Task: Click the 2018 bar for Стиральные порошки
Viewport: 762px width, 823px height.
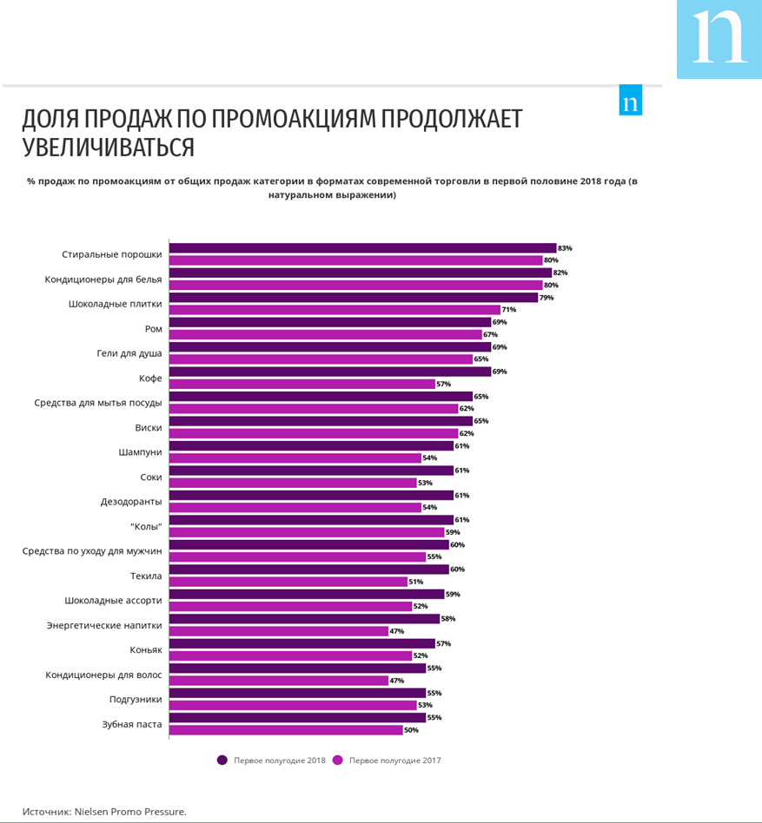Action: (362, 248)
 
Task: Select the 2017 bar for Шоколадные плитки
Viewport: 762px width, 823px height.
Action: (335, 310)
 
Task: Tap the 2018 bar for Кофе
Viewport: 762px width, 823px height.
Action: (330, 372)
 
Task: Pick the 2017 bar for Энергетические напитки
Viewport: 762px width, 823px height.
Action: (278, 631)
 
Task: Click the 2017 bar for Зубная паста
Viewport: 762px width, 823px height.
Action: (286, 730)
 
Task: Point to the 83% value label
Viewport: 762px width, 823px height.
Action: (566, 248)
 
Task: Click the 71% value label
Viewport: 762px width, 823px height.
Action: (509, 310)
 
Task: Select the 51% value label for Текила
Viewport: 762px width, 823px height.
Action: (416, 582)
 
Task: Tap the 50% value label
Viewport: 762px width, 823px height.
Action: (411, 730)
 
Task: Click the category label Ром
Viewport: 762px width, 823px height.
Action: (153, 329)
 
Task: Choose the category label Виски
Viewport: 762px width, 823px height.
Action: (148, 428)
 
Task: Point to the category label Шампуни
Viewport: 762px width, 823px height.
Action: (140, 452)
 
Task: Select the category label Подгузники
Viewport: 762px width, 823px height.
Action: (136, 700)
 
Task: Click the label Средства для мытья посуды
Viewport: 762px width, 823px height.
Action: (98, 403)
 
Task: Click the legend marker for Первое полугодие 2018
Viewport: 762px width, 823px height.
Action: (222, 760)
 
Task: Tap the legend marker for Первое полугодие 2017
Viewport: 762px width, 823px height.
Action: (338, 760)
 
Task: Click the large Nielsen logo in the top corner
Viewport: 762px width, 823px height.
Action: (719, 39)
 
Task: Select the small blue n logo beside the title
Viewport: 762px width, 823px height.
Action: (631, 100)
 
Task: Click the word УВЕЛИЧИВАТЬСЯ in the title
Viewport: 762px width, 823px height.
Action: (109, 148)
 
